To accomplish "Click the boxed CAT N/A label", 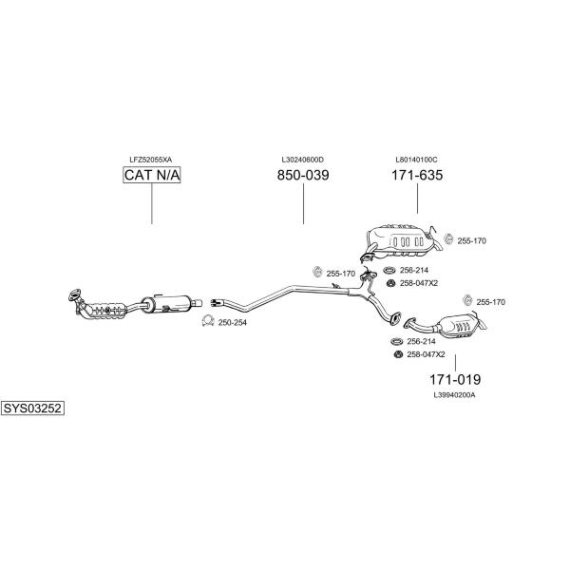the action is coord(152,175).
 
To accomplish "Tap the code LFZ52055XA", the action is coord(151,160).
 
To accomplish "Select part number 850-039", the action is coord(303,175).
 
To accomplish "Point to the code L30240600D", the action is coord(303,160).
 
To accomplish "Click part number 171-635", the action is coord(417,175).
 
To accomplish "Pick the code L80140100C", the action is coord(417,160).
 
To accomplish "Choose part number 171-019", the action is coord(455,379).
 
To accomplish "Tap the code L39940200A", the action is coord(454,395).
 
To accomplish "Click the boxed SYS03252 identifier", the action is coord(32,408).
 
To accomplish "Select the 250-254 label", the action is coord(233,322).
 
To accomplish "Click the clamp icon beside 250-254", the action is coord(207,321).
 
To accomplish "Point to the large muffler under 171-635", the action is coord(400,240).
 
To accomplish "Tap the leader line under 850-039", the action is coord(304,203).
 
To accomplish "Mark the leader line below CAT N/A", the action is coord(152,203).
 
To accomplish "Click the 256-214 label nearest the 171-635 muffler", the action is coord(414,270).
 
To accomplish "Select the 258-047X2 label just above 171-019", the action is coord(426,354).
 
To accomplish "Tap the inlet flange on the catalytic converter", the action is coord(74,294).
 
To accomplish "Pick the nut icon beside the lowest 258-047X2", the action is coord(398,354).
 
